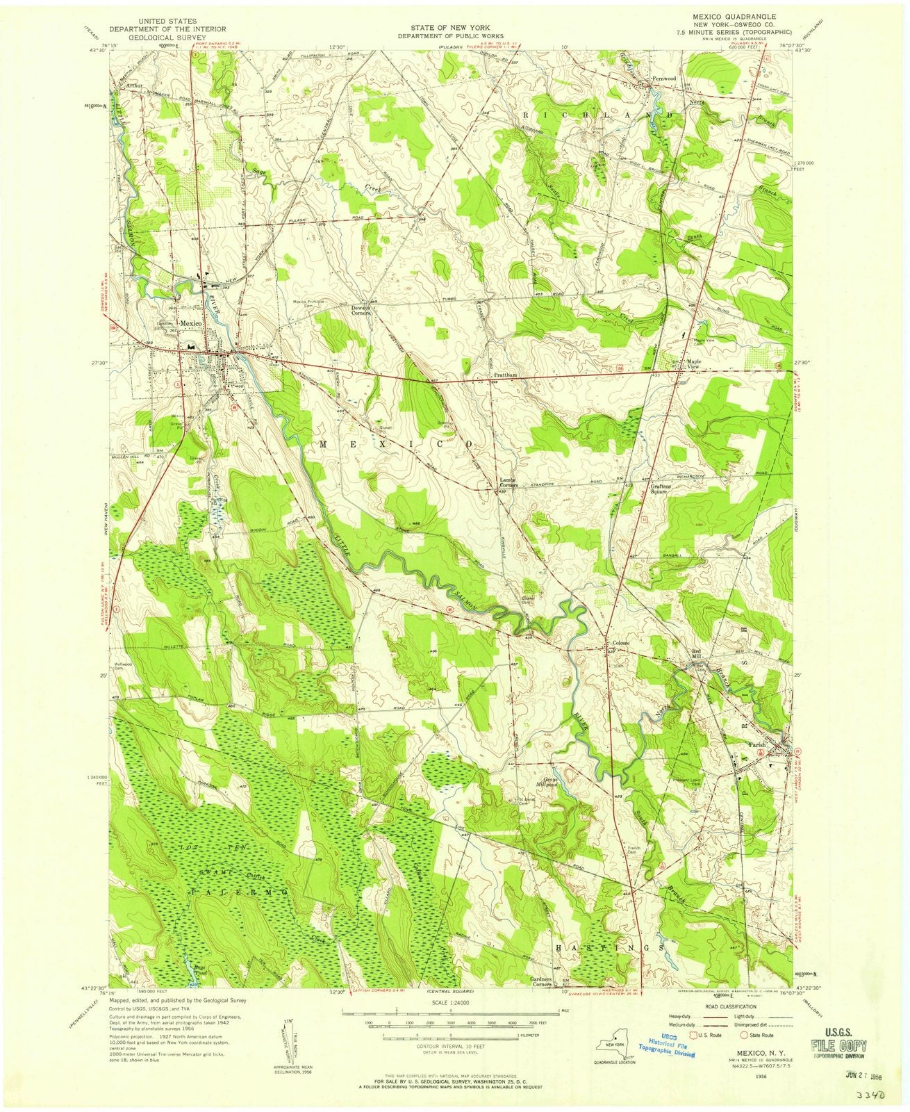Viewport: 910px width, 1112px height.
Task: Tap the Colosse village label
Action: click(620, 643)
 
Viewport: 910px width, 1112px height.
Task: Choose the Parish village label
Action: click(756, 744)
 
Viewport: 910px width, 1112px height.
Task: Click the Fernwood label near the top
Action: click(663, 79)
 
